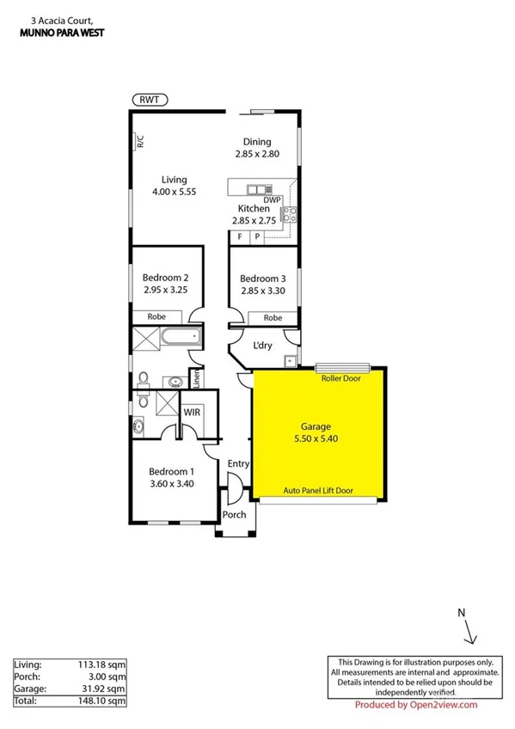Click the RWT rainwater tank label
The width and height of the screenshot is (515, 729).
pyautogui.click(x=150, y=101)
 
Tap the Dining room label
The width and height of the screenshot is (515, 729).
pyautogui.click(x=256, y=142)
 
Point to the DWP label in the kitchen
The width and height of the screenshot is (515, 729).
pyautogui.click(x=273, y=199)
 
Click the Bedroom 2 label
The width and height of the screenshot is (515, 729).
pyautogui.click(x=166, y=278)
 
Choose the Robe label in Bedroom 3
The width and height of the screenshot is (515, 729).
pyautogui.click(x=272, y=317)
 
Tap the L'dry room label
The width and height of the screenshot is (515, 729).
pyautogui.click(x=261, y=346)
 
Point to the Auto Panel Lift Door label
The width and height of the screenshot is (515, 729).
pyautogui.click(x=318, y=491)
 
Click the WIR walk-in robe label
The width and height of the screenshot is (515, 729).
pyautogui.click(x=192, y=412)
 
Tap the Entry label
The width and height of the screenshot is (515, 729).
pyautogui.click(x=238, y=464)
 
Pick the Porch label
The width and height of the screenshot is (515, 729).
pyautogui.click(x=234, y=515)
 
